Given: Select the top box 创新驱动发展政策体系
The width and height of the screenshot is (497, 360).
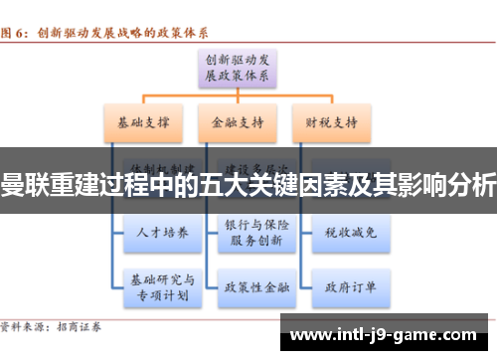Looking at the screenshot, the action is coord(236,66).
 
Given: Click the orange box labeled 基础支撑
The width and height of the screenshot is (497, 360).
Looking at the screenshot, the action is coord(141,123).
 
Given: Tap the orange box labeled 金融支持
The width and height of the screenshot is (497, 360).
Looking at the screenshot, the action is coord(236,123).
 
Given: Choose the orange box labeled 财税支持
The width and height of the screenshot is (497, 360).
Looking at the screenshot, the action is coord(332,123).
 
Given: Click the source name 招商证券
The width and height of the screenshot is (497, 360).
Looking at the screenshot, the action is coord(91,325).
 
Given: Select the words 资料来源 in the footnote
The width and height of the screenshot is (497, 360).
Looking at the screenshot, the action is coord(25,325).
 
